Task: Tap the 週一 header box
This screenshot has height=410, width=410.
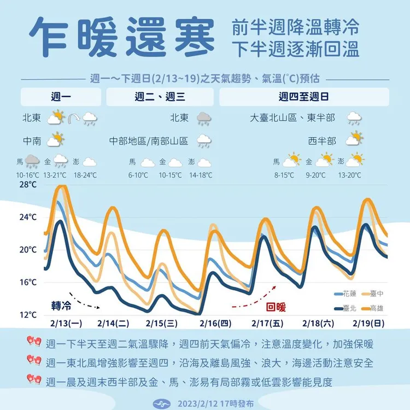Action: (x=61, y=97)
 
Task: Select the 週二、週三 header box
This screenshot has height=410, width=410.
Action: (x=160, y=97)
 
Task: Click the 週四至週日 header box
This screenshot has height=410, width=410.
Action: (x=303, y=97)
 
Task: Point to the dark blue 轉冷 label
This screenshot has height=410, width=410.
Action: (x=61, y=304)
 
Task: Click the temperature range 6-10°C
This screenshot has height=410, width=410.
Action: (x=138, y=175)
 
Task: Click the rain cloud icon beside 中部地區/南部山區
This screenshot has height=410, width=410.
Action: (x=204, y=142)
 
